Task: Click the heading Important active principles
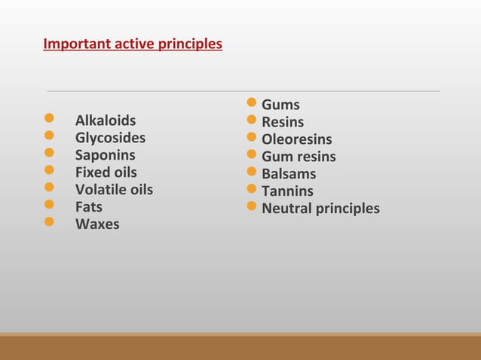pyautogui.click(x=133, y=44)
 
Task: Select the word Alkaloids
pyautogui.click(x=106, y=121)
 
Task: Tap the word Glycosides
pyautogui.click(x=110, y=138)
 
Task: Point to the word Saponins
pyautogui.click(x=105, y=155)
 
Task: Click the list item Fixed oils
pyautogui.click(x=106, y=172)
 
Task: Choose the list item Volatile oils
pyautogui.click(x=114, y=190)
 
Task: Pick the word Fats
pyautogui.click(x=88, y=206)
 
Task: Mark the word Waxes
pyautogui.click(x=97, y=224)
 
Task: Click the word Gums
pyautogui.click(x=280, y=105)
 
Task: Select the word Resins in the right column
pyautogui.click(x=283, y=122)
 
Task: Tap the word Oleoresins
pyautogui.click(x=296, y=139)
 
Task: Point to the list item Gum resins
pyautogui.click(x=299, y=157)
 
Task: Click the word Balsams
pyautogui.click(x=289, y=174)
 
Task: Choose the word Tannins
pyautogui.click(x=287, y=191)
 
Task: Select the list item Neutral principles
pyautogui.click(x=320, y=209)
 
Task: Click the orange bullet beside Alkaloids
pyautogui.click(x=49, y=119)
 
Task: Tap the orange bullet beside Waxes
pyautogui.click(x=49, y=222)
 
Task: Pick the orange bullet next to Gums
pyautogui.click(x=253, y=102)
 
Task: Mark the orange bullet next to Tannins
pyautogui.click(x=253, y=189)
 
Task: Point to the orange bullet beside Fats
pyautogui.click(x=49, y=205)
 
